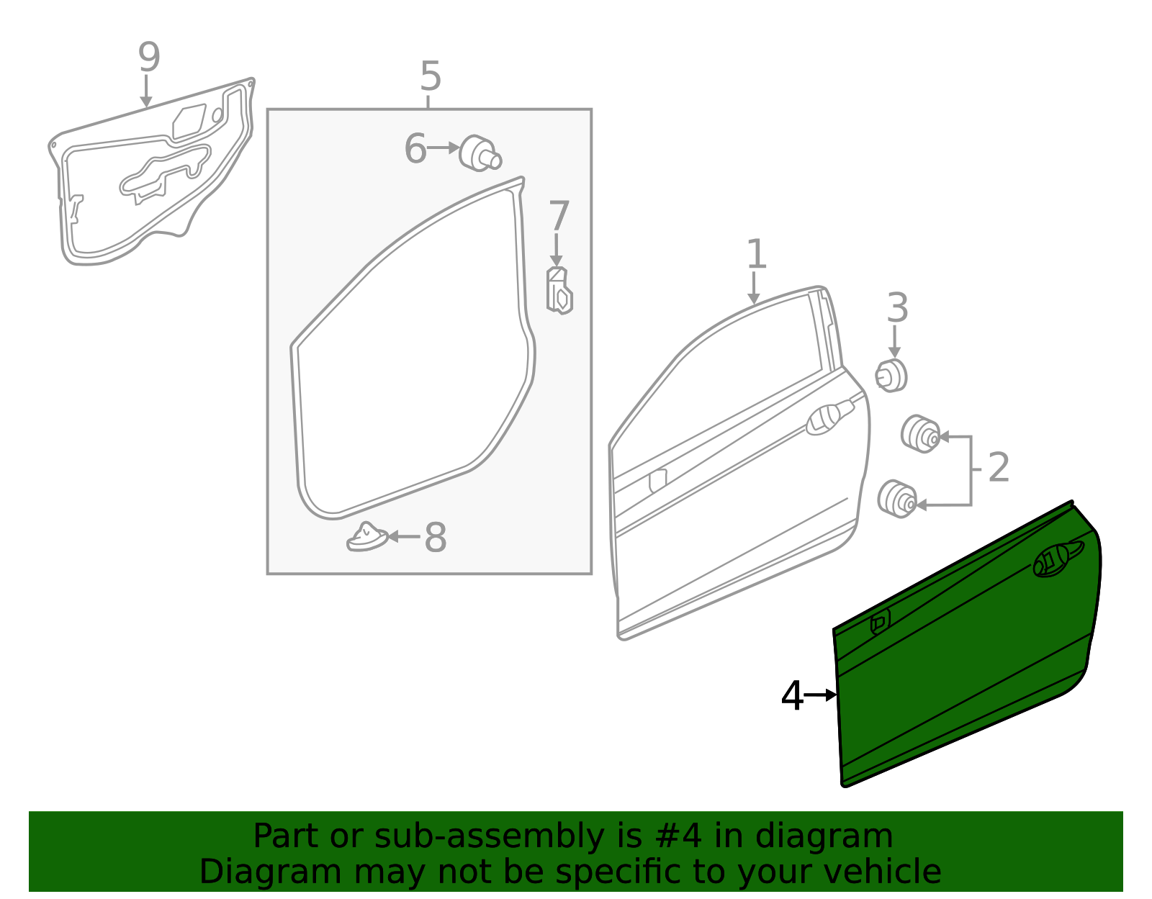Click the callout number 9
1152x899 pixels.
click(148, 58)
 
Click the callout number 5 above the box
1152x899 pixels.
click(430, 76)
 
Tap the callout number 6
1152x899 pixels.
click(415, 149)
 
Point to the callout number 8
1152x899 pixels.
click(435, 538)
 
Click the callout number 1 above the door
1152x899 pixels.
click(755, 255)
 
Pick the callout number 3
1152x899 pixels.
click(896, 308)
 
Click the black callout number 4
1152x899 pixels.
click(792, 696)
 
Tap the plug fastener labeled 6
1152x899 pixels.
click(480, 153)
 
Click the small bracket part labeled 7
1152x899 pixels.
click(559, 291)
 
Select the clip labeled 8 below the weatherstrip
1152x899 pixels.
click(366, 537)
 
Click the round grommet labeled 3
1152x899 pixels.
click(891, 375)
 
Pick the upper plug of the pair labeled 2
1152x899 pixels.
click(920, 433)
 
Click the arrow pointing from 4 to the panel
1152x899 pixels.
click(820, 695)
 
